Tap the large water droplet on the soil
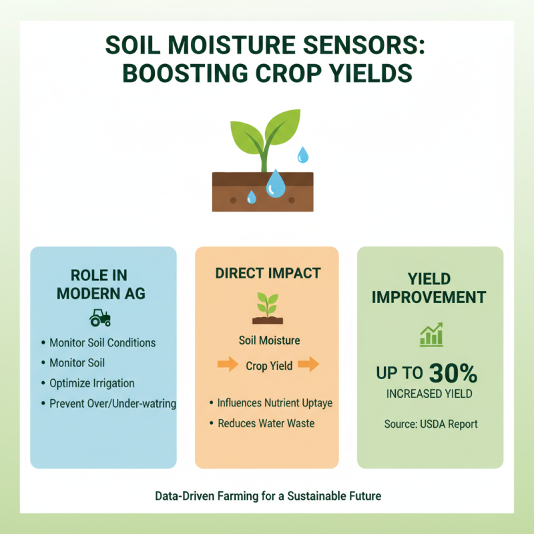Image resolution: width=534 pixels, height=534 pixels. [x=275, y=184]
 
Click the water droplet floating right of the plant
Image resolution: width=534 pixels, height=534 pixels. [x=303, y=155]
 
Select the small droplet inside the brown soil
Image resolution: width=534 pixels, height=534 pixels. [x=252, y=197]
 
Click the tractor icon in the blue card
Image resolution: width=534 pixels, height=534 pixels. [x=100, y=318]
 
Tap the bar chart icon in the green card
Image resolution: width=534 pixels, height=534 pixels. [x=431, y=335]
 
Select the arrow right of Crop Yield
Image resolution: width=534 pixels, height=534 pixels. [x=308, y=365]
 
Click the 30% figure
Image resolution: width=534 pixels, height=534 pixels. [x=453, y=373]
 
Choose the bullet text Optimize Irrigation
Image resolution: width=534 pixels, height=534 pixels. [x=92, y=383]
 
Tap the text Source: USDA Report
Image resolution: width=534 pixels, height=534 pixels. [x=431, y=423]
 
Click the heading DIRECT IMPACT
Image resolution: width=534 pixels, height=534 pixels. [x=267, y=274]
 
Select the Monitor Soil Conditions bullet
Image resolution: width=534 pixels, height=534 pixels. [x=102, y=342]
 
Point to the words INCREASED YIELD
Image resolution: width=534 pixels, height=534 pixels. [x=429, y=394]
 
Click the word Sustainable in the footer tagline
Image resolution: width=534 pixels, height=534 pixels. [x=311, y=497]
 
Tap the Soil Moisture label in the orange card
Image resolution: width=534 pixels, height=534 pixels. [x=269, y=340]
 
